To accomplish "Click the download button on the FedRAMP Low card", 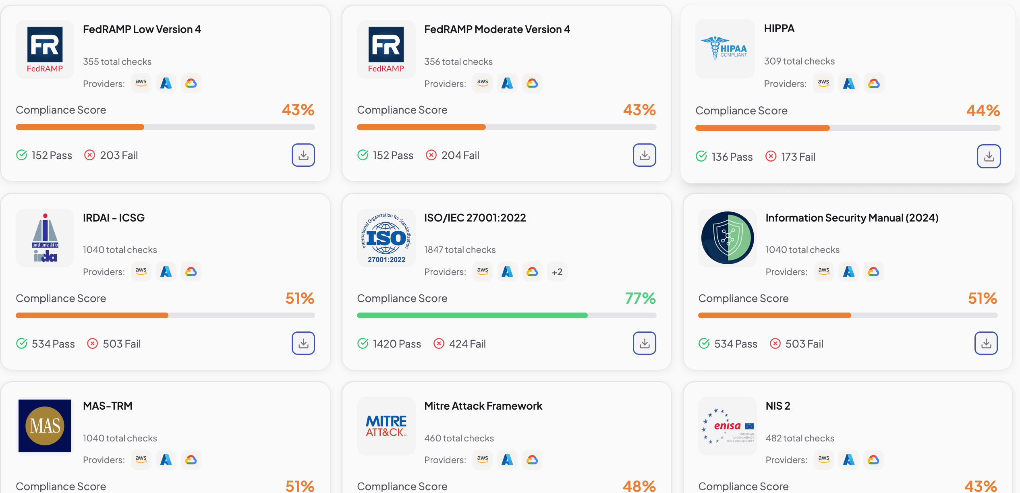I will (x=303, y=155).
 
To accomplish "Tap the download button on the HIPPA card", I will (x=988, y=156).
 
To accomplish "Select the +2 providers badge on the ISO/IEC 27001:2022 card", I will (x=557, y=272).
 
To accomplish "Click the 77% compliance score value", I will (x=640, y=298).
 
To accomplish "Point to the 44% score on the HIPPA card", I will (x=983, y=110).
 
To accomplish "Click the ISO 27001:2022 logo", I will (x=386, y=238).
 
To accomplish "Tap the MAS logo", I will (x=45, y=426).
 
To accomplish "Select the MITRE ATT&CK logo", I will (x=386, y=426).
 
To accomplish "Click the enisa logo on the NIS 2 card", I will (x=728, y=426).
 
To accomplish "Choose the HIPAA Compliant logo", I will (x=725, y=49).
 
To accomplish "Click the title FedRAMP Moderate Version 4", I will (x=497, y=29).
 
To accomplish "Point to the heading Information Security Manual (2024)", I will (x=852, y=218).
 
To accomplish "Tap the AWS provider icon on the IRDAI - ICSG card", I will (x=141, y=271).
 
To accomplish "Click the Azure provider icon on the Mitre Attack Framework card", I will (x=507, y=460).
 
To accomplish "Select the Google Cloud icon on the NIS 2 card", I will (x=873, y=460).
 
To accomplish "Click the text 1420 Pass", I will (x=396, y=344).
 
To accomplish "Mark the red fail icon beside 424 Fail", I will (x=439, y=344).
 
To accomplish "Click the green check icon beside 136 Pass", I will (x=701, y=156).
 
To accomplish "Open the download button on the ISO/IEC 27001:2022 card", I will (x=644, y=343).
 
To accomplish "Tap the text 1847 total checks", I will (x=460, y=250).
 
